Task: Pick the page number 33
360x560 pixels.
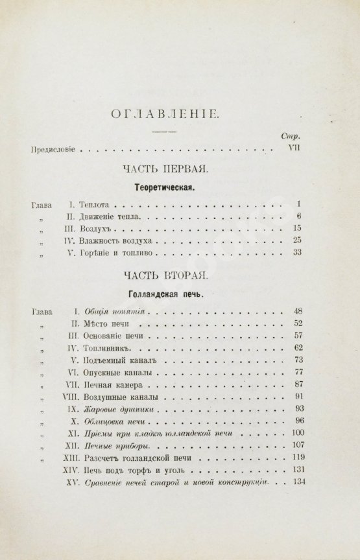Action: (297, 252)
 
